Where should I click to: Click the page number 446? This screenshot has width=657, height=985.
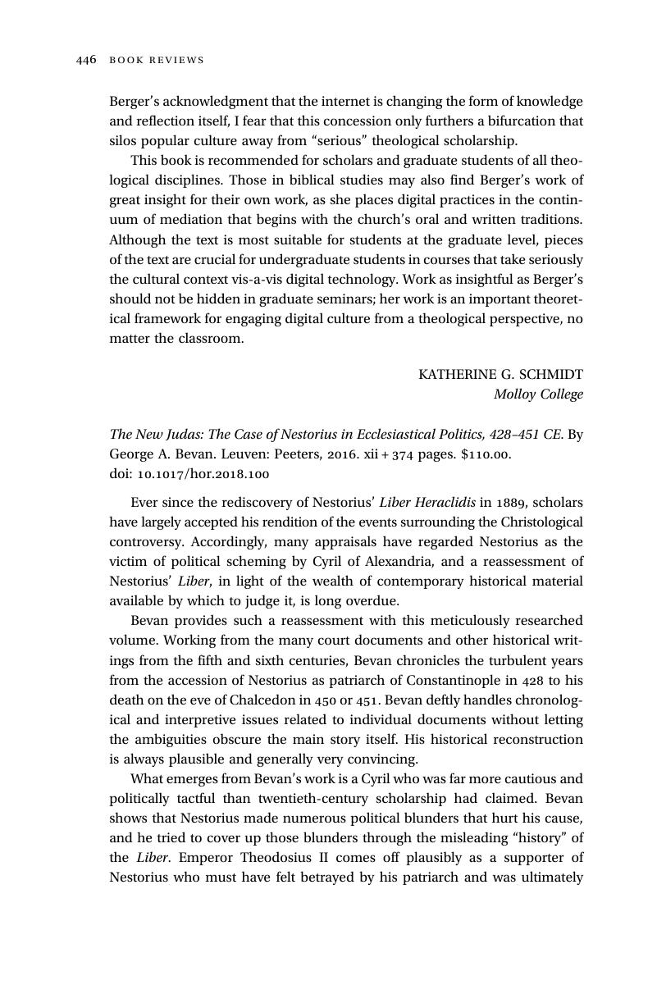pos(86,60)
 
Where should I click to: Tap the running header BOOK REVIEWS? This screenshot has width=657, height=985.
pos(156,60)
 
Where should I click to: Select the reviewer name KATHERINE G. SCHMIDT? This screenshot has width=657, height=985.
pos(500,375)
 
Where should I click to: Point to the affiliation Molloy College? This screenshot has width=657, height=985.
pos(538,394)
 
